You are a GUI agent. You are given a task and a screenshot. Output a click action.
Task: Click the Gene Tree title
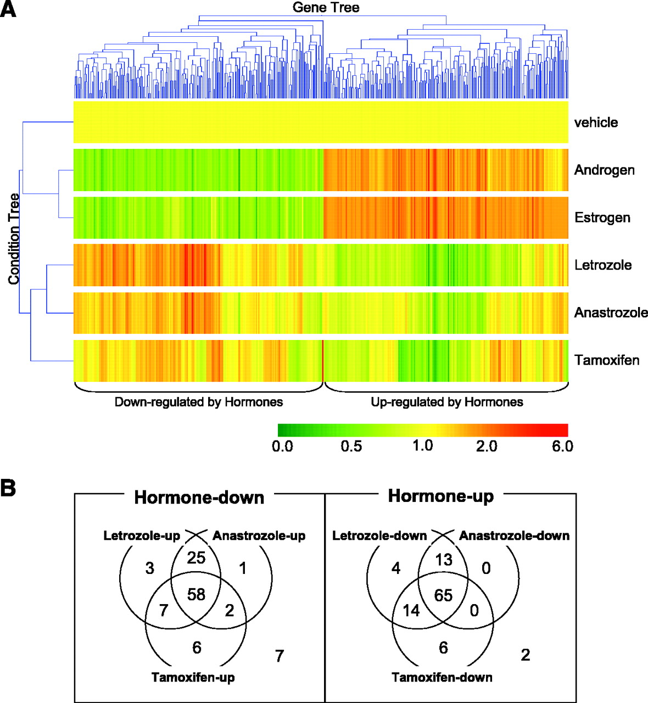tap(326, 7)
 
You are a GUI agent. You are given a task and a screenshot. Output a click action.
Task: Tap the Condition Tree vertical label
tap(14, 238)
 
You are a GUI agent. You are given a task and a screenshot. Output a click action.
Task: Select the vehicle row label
tap(596, 122)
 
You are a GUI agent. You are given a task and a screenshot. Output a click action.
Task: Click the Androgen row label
tap(604, 170)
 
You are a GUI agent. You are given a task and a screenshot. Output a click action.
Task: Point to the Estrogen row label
tap(602, 217)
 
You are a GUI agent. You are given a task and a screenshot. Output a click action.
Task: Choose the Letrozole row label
tap(603, 265)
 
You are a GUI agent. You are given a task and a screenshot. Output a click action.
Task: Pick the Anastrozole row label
tap(611, 313)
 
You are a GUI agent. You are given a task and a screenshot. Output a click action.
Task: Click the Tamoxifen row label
tap(607, 360)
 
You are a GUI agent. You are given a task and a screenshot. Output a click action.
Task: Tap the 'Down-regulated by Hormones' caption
tap(199, 402)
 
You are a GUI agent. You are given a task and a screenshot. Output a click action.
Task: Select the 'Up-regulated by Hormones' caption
tap(447, 402)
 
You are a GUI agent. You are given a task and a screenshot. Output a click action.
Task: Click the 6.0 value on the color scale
tap(562, 446)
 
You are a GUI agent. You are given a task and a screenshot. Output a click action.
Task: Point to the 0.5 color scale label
tap(351, 446)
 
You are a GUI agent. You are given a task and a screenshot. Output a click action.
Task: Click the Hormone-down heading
tap(199, 498)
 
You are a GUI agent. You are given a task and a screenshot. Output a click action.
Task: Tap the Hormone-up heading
tap(440, 496)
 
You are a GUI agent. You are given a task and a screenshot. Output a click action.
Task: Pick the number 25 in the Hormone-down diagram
tap(196, 558)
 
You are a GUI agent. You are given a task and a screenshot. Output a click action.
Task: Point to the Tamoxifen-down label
tap(442, 677)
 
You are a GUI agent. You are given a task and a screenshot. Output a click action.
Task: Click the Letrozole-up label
tap(142, 535)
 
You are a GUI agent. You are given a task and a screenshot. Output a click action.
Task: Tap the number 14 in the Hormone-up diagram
tap(411, 610)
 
